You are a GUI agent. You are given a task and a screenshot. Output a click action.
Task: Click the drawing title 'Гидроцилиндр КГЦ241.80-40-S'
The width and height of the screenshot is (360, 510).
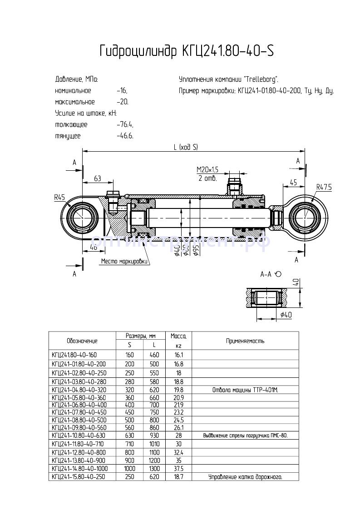point(186,51)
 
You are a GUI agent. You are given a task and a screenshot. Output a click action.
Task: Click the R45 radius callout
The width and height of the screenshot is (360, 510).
point(59,197)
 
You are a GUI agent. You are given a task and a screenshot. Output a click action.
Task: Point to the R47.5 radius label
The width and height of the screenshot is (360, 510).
point(325,187)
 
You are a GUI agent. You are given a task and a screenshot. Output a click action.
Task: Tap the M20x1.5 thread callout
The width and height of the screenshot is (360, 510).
point(207,169)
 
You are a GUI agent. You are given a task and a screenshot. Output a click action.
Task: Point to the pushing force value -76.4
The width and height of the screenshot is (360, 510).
point(124,124)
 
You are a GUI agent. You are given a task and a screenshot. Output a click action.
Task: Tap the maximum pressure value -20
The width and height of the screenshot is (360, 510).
point(123,102)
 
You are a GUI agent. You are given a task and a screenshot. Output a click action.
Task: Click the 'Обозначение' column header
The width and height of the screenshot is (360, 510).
point(82,341)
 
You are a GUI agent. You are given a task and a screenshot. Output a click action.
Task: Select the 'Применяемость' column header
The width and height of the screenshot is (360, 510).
point(245,341)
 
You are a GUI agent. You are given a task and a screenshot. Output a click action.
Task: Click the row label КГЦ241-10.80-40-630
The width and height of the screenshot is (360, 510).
point(78,436)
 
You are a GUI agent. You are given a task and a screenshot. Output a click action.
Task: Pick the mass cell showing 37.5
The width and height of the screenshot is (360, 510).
point(178,468)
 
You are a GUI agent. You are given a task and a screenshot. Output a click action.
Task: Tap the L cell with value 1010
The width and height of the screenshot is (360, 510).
point(154,444)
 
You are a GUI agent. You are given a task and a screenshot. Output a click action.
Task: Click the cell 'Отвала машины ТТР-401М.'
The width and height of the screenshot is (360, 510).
point(245,390)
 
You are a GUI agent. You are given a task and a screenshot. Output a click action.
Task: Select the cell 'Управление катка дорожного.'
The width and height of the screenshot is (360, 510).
point(245,477)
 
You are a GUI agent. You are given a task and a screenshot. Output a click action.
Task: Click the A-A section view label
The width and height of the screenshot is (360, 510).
point(266,274)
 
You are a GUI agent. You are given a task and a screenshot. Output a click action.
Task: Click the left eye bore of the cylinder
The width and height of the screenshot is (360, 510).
point(83,218)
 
